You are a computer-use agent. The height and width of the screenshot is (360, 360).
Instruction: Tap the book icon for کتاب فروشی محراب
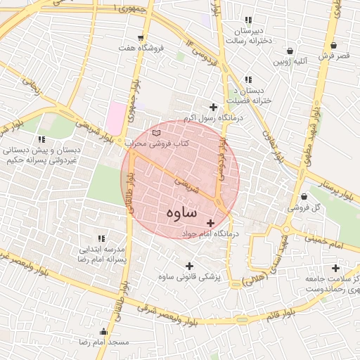(x=156, y=132)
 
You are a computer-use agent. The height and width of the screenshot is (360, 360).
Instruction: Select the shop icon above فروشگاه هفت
(x=141, y=38)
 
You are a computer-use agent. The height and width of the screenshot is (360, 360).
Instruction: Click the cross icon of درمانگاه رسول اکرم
(x=213, y=107)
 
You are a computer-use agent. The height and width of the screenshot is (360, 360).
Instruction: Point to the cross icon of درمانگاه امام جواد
(x=210, y=223)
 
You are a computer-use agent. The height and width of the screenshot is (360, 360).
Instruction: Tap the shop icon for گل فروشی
(x=304, y=196)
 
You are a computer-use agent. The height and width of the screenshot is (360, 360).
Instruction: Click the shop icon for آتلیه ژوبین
(x=290, y=51)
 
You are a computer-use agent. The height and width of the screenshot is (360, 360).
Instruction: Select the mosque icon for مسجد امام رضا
(x=105, y=331)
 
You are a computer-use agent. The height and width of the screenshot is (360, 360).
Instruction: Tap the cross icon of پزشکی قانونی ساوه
(x=188, y=266)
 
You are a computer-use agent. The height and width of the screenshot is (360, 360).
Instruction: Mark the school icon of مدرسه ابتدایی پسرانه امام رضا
(x=101, y=238)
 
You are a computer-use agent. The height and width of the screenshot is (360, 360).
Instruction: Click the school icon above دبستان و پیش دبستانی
(x=41, y=139)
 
